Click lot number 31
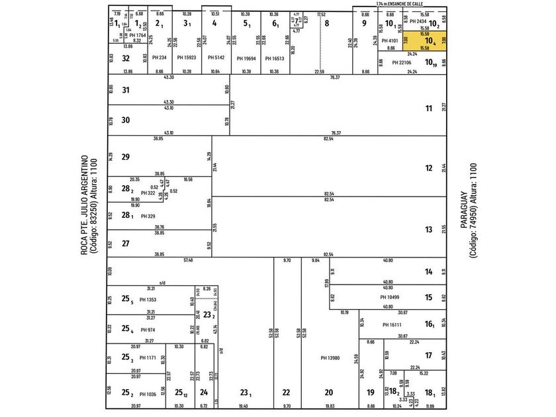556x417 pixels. pyautogui.click(x=126, y=90)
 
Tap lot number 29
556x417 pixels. pyautogui.click(x=126, y=156)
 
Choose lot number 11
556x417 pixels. pyautogui.click(x=429, y=109)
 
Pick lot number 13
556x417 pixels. pyautogui.click(x=429, y=229)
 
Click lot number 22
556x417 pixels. pyautogui.click(x=286, y=393)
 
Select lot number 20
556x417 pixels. pyautogui.click(x=328, y=393)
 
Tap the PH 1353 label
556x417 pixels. pyautogui.click(x=148, y=300)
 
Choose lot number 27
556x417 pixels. pyautogui.click(x=126, y=243)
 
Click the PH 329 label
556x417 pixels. pyautogui.click(x=147, y=216)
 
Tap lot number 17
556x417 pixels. pyautogui.click(x=429, y=355)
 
